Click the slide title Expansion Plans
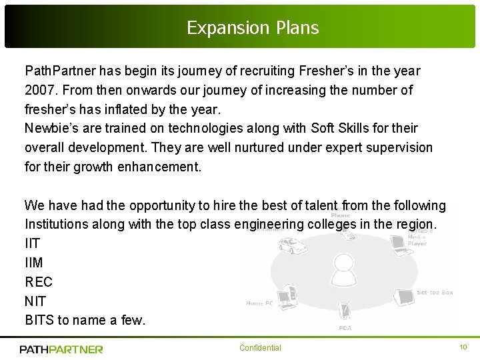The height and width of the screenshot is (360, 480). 253,28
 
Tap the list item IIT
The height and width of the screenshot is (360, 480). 33,244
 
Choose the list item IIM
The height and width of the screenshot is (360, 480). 34,263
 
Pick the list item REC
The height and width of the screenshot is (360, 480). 39,282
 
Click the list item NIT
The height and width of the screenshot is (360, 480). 35,301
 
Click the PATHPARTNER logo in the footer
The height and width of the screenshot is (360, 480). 61,349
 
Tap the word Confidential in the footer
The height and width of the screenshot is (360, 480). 260,348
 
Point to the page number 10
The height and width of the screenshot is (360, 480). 463,347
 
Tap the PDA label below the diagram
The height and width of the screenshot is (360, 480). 345,328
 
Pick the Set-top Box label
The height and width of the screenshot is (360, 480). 435,293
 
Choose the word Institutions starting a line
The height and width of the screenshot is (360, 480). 56,225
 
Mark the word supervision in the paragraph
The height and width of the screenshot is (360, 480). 399,147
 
